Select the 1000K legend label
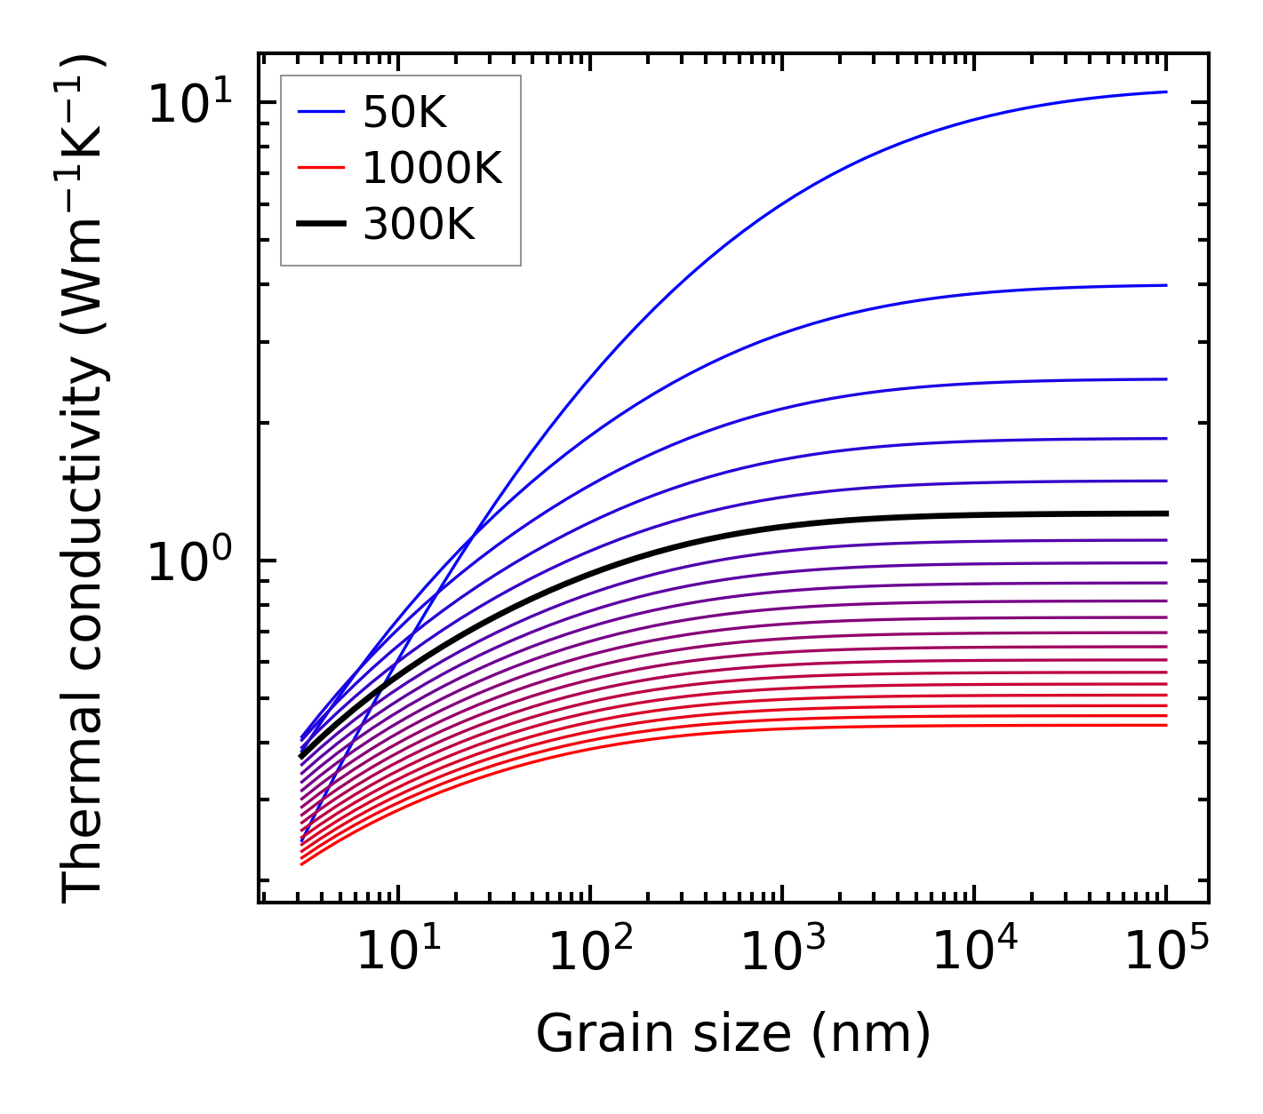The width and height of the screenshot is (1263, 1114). tap(432, 168)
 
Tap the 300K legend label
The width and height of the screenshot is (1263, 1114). tap(419, 225)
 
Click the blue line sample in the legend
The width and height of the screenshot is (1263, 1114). tap(320, 112)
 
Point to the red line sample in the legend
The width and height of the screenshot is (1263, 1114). tap(320, 168)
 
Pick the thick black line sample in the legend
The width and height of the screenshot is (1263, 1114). tap(320, 225)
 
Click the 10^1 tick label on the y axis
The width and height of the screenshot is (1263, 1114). tap(188, 105)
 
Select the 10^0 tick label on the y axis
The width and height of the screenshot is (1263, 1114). tap(188, 563)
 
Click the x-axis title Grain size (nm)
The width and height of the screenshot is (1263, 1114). tap(733, 1035)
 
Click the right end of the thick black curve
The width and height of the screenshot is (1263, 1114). tap(1165, 513)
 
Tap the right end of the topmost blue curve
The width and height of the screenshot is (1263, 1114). tap(1165, 92)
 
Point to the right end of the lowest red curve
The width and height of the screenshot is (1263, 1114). tap(1165, 726)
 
